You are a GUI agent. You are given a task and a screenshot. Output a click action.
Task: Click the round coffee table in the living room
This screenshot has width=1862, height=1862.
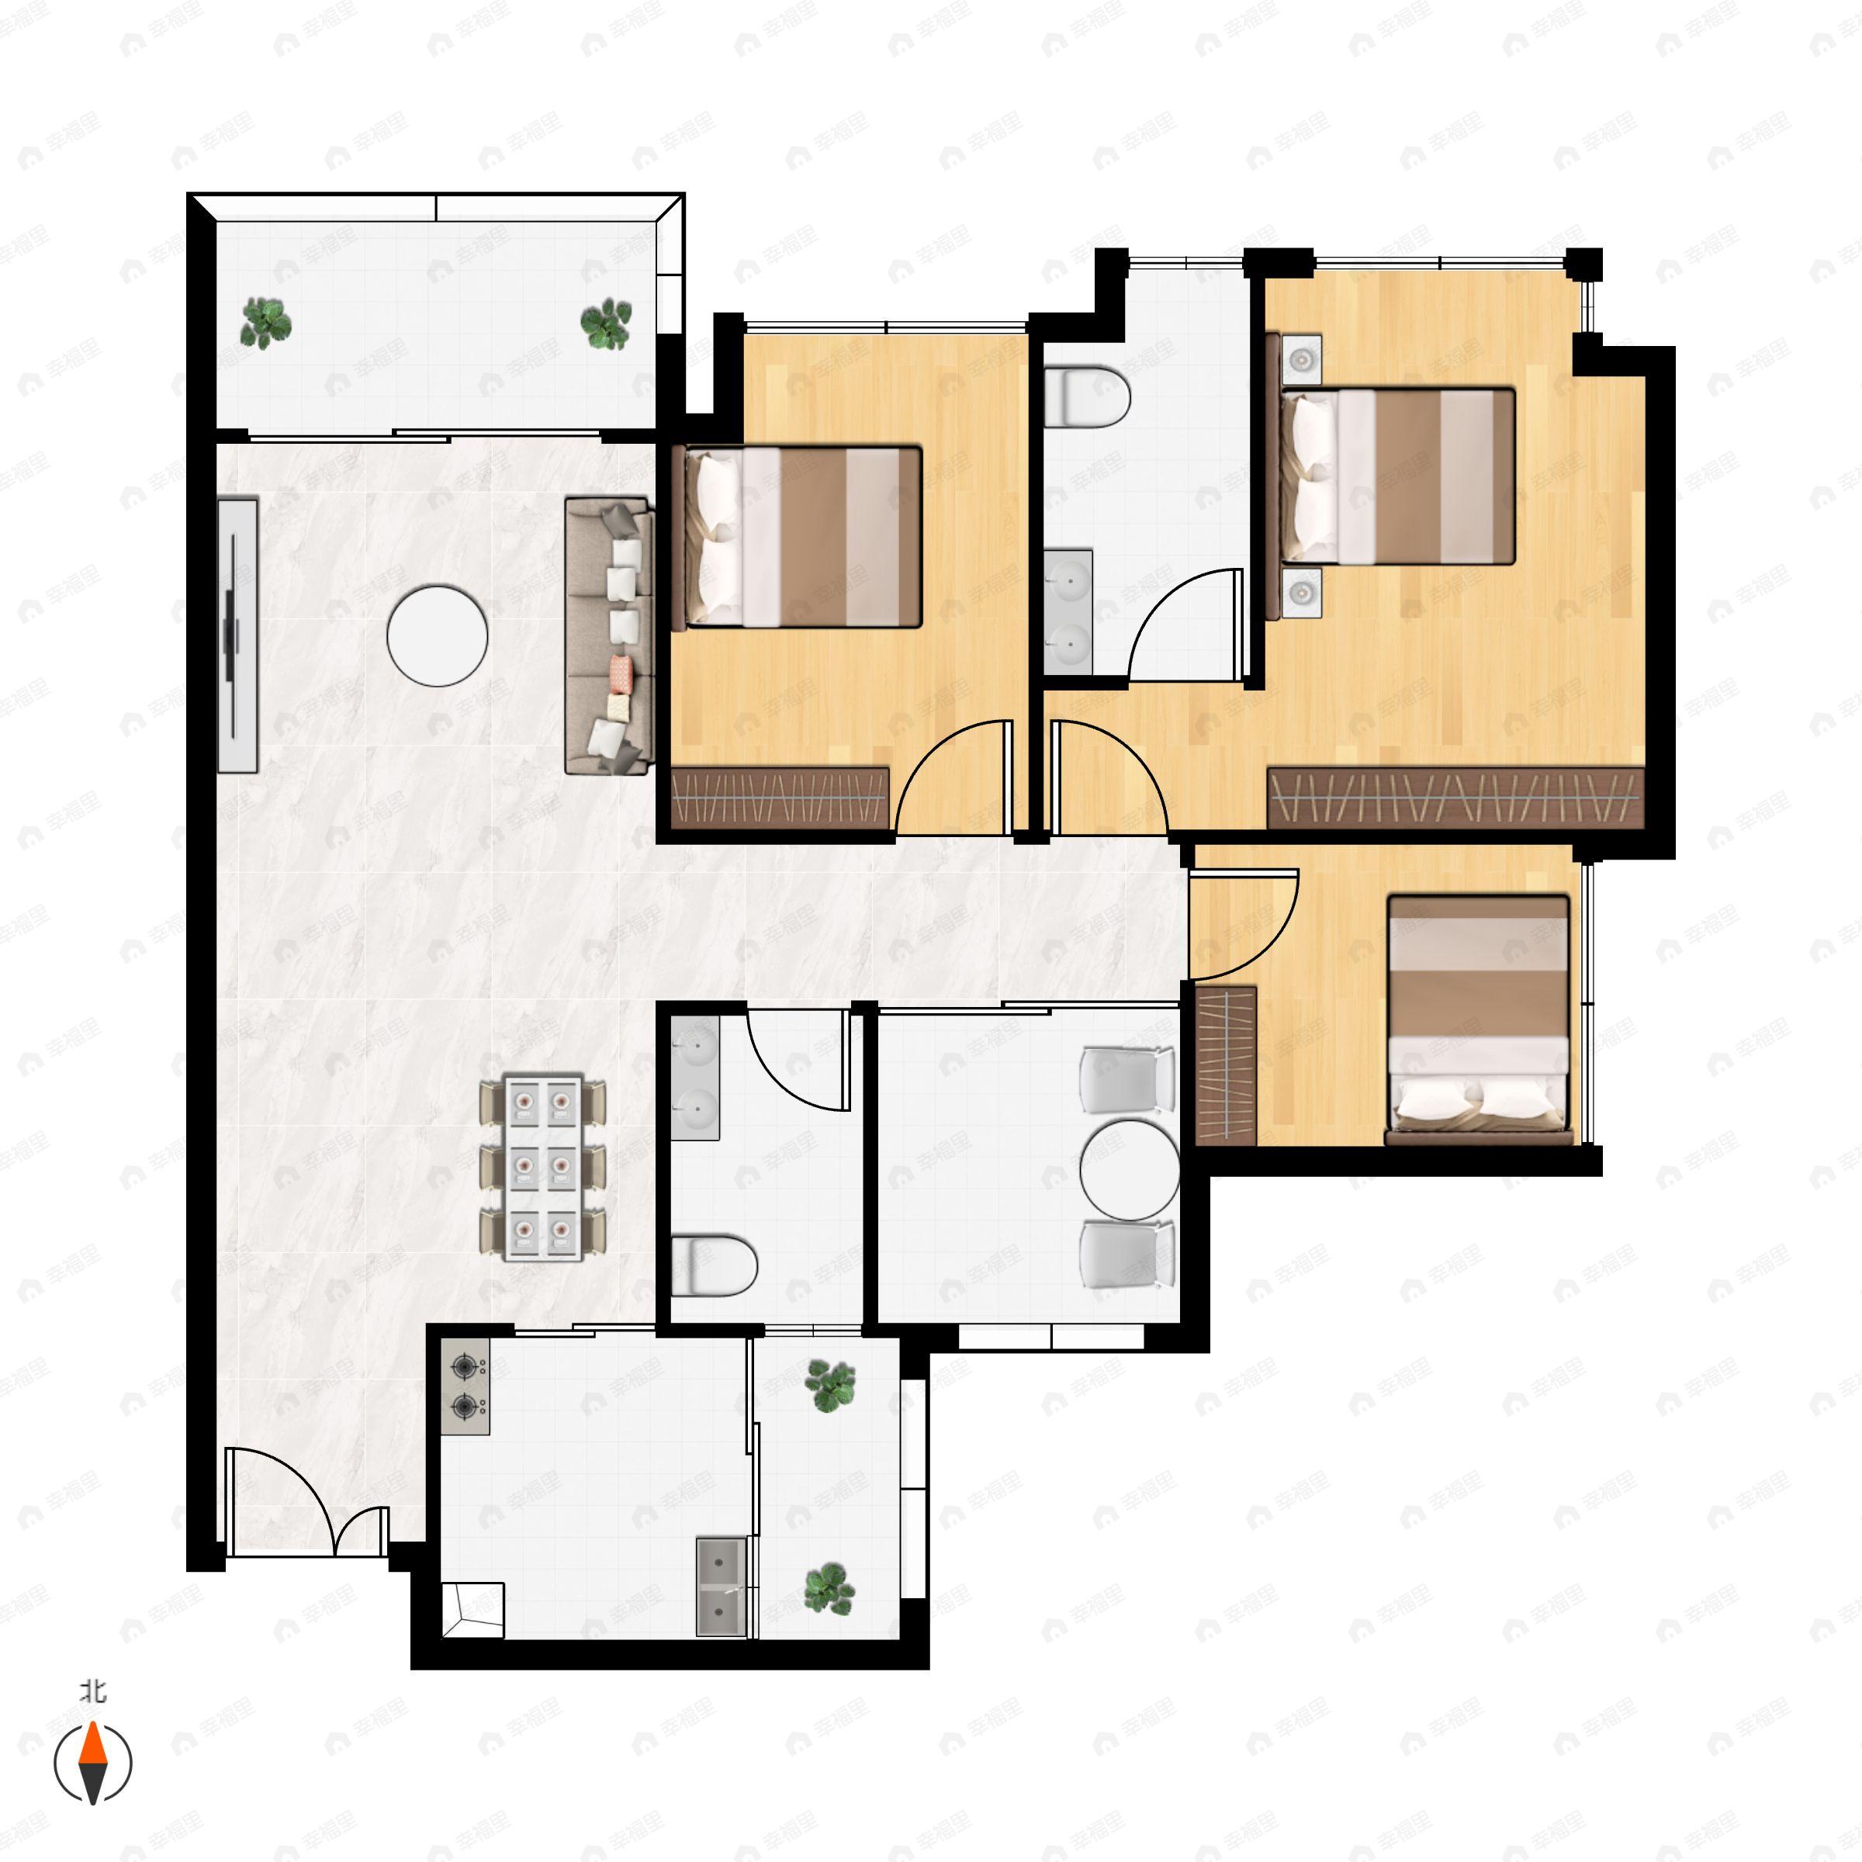[x=437, y=636]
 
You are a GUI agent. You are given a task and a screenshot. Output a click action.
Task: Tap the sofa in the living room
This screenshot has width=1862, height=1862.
[x=608, y=636]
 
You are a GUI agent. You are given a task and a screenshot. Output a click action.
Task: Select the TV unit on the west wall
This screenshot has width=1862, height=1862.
[x=237, y=636]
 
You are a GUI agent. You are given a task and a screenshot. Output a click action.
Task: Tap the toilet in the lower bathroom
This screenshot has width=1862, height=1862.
[x=712, y=1265]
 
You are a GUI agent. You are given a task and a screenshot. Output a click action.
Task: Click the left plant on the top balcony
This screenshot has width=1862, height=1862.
[x=265, y=322]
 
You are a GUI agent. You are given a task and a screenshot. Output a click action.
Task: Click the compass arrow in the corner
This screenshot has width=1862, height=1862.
[x=92, y=1763]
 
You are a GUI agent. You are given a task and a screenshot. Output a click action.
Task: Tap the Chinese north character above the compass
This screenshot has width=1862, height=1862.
[x=93, y=1691]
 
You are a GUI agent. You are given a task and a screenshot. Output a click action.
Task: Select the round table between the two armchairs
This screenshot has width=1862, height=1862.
[x=1130, y=1169]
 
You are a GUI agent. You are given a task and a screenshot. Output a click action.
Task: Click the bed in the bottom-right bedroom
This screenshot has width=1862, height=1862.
[x=1477, y=1019]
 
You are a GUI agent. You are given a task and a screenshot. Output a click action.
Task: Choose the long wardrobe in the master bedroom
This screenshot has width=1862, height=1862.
[x=1455, y=798]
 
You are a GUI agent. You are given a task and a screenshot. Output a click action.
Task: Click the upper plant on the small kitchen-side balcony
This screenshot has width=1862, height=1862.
[x=830, y=1386]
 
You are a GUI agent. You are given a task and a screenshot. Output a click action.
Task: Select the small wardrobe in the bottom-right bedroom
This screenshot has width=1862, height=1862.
[x=1227, y=1065]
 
